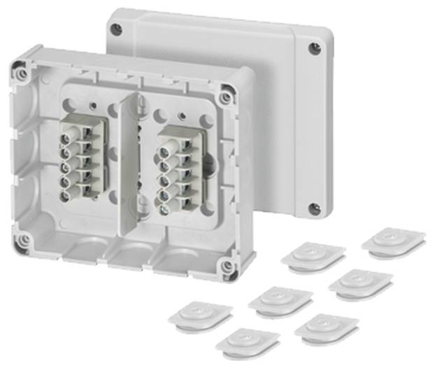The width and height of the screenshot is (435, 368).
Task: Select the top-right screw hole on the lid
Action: (x=315, y=48)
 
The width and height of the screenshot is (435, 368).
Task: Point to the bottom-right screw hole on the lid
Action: (x=315, y=208)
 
